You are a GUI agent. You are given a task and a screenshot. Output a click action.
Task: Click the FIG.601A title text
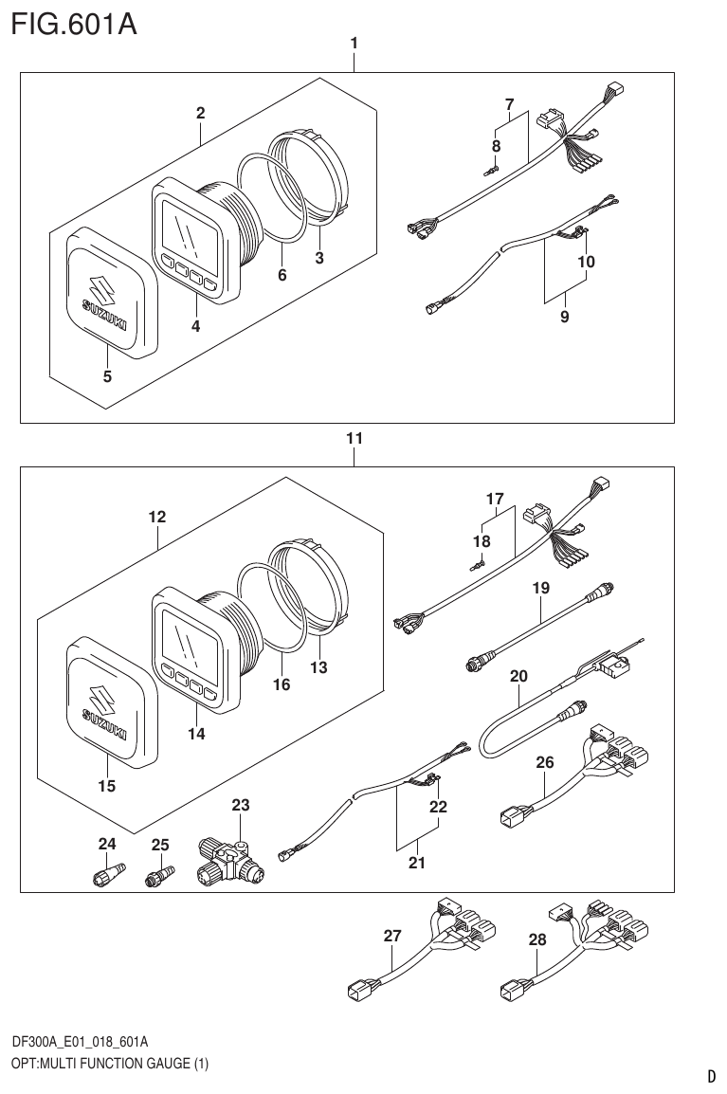(x=74, y=23)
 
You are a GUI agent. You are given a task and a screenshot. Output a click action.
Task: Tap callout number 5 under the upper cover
(x=107, y=376)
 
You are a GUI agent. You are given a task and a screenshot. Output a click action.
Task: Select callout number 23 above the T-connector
(x=241, y=806)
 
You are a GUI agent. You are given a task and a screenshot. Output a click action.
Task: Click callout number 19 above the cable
(x=540, y=589)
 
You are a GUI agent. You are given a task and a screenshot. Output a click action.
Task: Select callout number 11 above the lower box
(x=354, y=439)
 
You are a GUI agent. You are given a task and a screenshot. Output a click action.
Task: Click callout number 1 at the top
(x=354, y=43)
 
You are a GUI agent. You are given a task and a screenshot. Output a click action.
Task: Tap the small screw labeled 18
(x=478, y=566)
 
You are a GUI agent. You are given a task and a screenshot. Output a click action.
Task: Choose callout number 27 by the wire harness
(x=392, y=936)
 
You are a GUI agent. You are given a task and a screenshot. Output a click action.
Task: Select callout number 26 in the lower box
(x=544, y=761)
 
